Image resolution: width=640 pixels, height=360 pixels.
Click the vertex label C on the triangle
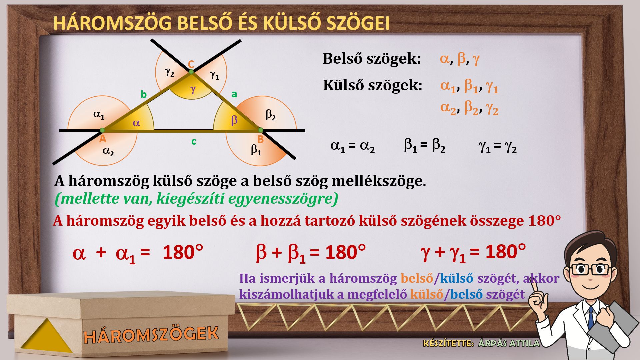pyautogui.click(x=191, y=64)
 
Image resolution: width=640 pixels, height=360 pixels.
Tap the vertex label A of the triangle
pyautogui.click(x=103, y=139)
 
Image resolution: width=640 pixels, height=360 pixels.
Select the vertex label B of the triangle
pyautogui.click(x=261, y=140)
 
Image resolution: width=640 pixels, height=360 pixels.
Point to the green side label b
pyautogui.click(x=144, y=94)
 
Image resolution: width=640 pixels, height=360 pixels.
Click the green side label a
pyautogui.click(x=234, y=94)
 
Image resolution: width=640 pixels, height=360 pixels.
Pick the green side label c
pyautogui.click(x=194, y=142)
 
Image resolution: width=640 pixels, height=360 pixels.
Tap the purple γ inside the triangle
pyautogui.click(x=193, y=89)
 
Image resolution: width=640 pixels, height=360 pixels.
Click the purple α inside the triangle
pyautogui.click(x=136, y=123)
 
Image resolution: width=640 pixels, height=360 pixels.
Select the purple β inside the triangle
pyautogui.click(x=234, y=120)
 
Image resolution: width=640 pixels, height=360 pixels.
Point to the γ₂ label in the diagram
pyautogui.click(x=170, y=72)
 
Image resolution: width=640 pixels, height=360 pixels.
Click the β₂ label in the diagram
pyautogui.click(x=271, y=115)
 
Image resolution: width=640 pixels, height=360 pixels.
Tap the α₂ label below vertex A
pyautogui.click(x=108, y=152)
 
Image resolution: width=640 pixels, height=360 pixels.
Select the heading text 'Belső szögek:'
pyautogui.click(x=372, y=59)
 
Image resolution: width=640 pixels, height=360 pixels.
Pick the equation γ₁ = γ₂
pyautogui.click(x=498, y=146)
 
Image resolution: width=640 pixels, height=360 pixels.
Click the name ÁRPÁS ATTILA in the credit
pyautogui.click(x=509, y=343)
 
